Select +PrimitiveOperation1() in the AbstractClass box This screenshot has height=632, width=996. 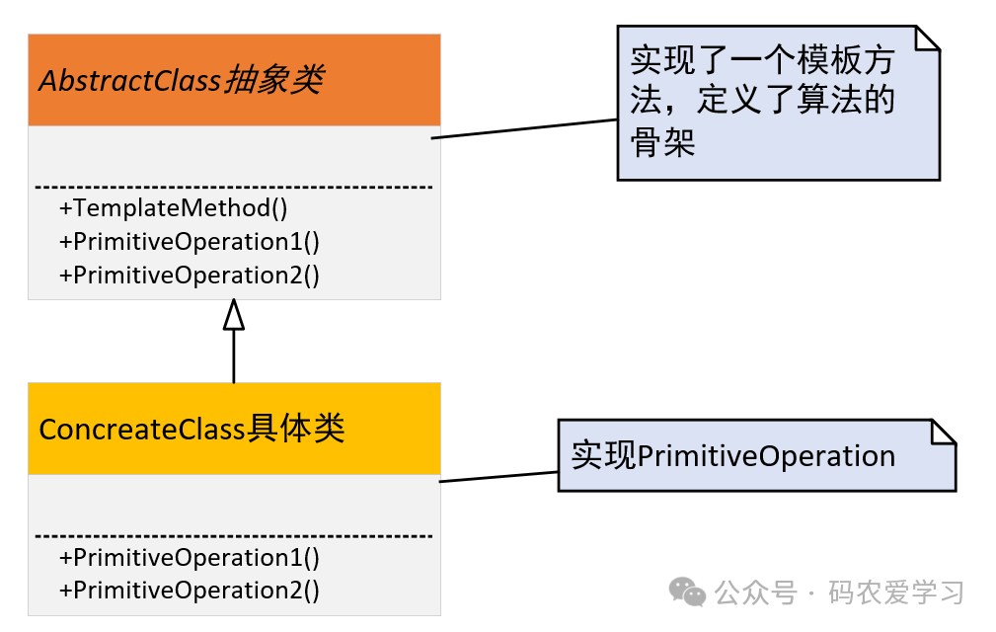tap(190, 242)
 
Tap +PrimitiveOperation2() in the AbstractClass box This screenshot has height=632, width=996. tap(190, 275)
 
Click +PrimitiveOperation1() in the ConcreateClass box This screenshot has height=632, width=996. tap(190, 557)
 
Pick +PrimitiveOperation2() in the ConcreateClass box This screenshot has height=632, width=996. tap(190, 591)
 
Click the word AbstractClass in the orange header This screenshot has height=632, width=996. tap(129, 80)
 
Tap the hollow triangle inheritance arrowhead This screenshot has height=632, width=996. tap(234, 315)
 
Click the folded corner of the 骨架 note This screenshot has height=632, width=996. tap(927, 39)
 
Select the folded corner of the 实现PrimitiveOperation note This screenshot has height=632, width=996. tap(944, 433)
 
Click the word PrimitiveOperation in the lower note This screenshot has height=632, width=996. tap(767, 456)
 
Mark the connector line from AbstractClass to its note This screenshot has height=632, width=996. tap(524, 129)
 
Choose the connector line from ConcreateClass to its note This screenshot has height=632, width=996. tap(498, 477)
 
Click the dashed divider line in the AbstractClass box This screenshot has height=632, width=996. tap(234, 187)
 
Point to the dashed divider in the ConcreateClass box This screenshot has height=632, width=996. tap(234, 536)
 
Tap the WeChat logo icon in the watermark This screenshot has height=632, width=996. tap(687, 592)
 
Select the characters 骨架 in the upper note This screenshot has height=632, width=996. tap(663, 143)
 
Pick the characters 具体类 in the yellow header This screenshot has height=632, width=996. tap(296, 430)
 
